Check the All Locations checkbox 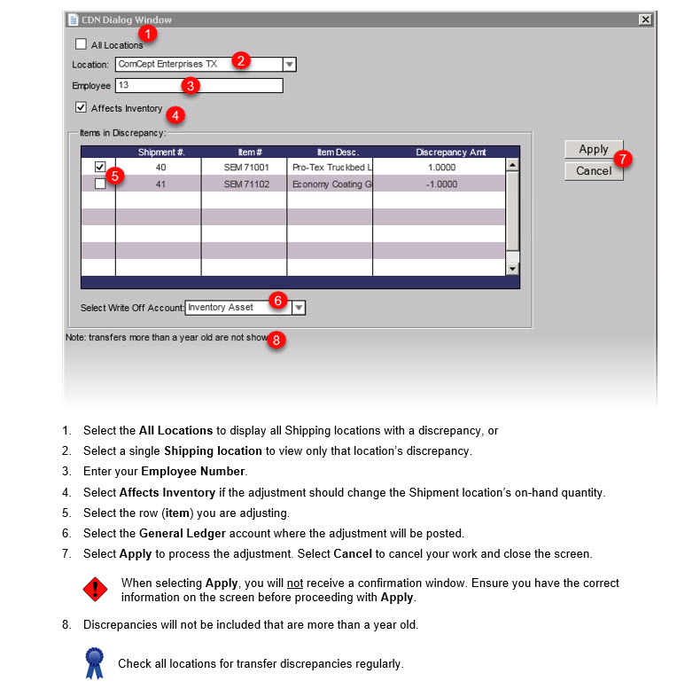pyautogui.click(x=82, y=44)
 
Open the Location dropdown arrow pyautogui.click(x=289, y=65)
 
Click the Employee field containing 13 pyautogui.click(x=198, y=86)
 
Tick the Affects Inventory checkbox pyautogui.click(x=82, y=108)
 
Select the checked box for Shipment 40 pyautogui.click(x=99, y=167)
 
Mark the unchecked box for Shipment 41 pyautogui.click(x=99, y=184)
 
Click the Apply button pyautogui.click(x=594, y=149)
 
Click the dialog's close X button pyautogui.click(x=644, y=20)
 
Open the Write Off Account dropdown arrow pyautogui.click(x=299, y=308)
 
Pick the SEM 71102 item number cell pyautogui.click(x=244, y=184)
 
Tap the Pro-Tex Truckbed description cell pyautogui.click(x=330, y=167)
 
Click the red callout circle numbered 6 pyautogui.click(x=277, y=301)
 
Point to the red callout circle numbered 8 pyautogui.click(x=276, y=340)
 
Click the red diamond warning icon pyautogui.click(x=94, y=589)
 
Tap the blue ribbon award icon pyautogui.click(x=94, y=662)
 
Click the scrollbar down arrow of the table pyautogui.click(x=512, y=268)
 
